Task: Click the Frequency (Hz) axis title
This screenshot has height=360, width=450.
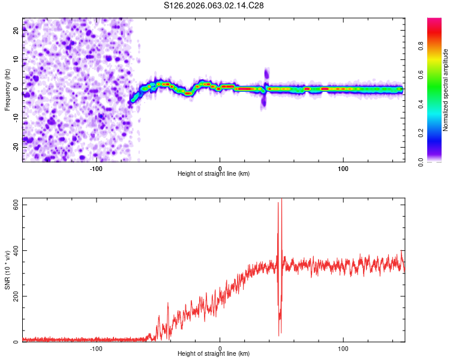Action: tap(7, 89)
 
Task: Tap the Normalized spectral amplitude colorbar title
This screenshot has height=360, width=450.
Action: tap(446, 90)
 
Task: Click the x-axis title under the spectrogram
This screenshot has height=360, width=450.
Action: tap(214, 174)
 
